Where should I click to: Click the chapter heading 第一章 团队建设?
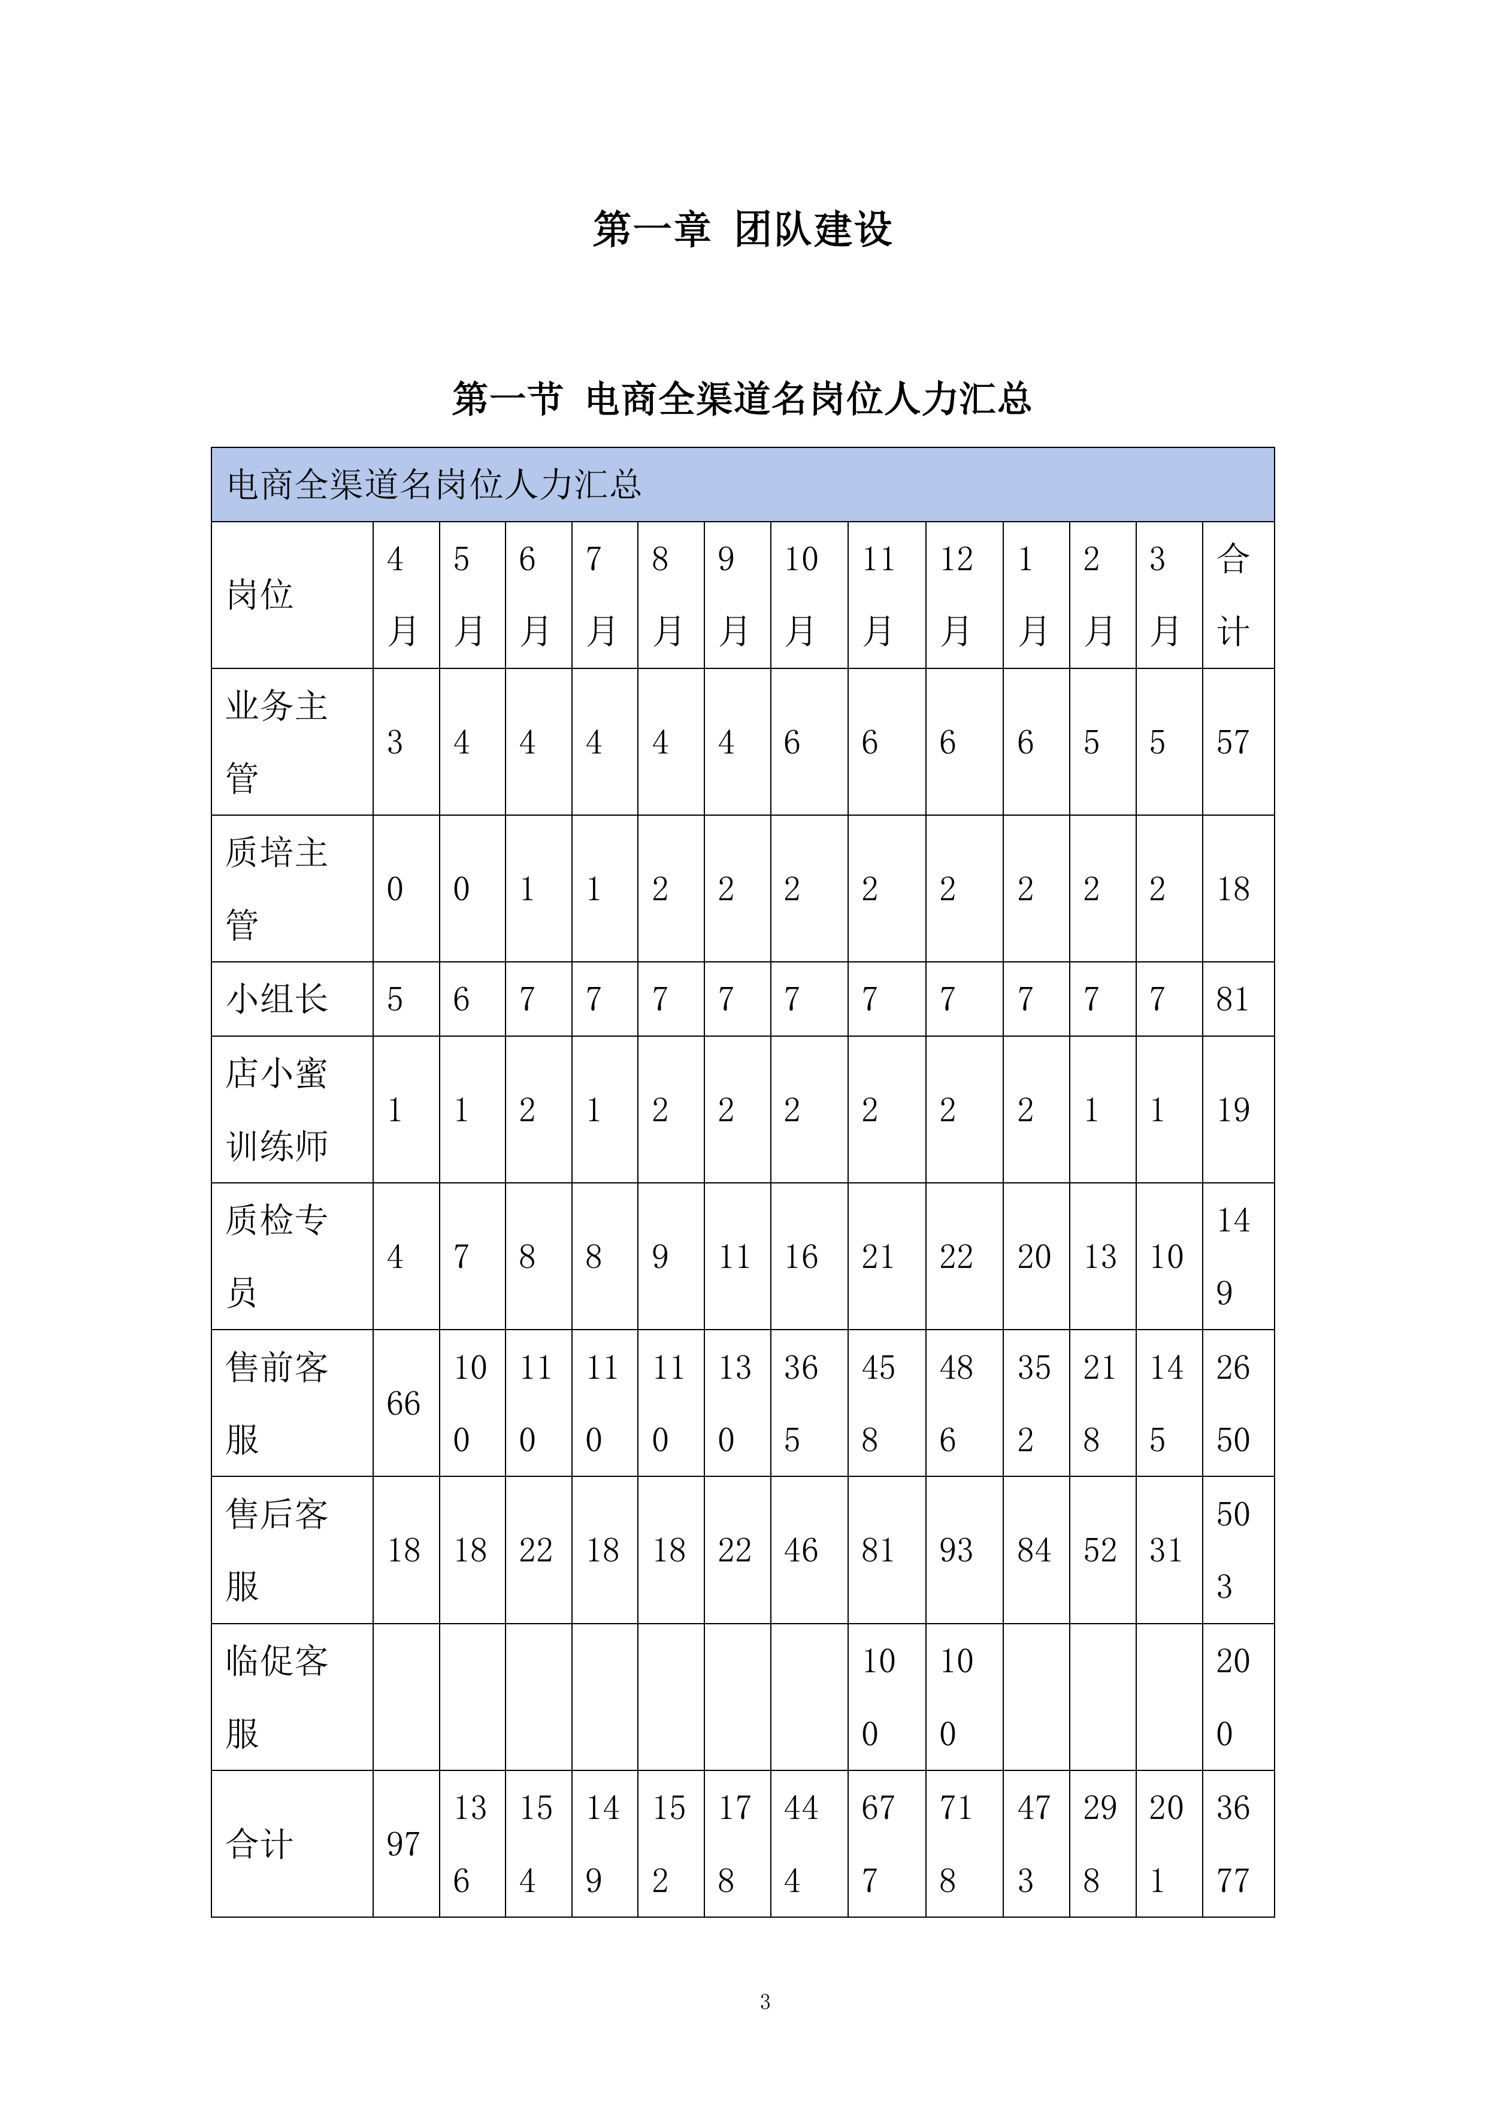click(x=742, y=229)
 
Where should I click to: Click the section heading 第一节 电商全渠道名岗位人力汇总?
click(x=742, y=399)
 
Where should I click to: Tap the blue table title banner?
click(x=742, y=484)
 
